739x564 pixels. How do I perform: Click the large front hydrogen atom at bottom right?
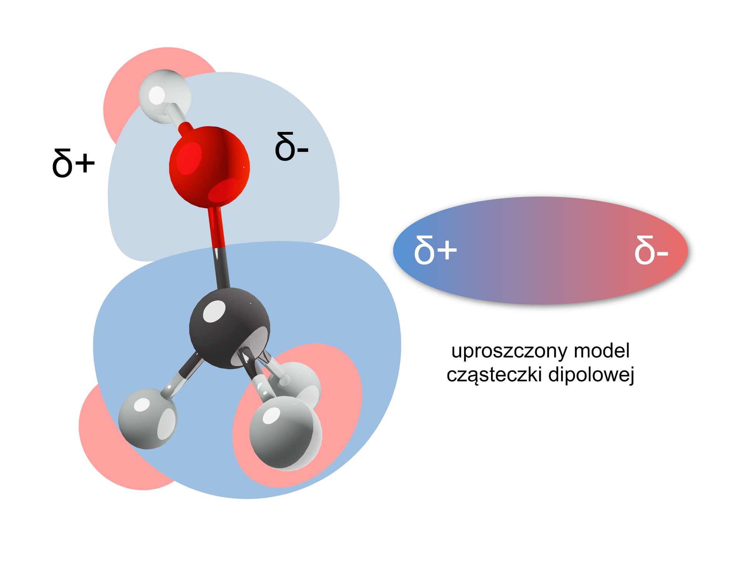click(x=285, y=433)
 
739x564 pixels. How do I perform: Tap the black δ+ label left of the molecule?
click(x=73, y=164)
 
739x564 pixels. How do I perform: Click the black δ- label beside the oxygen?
click(x=291, y=147)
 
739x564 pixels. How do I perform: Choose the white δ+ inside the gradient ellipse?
click(x=435, y=250)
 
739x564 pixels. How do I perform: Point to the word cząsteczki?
click(x=495, y=375)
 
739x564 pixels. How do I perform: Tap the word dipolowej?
click(x=591, y=375)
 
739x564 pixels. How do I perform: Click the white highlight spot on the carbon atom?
click(x=214, y=311)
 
